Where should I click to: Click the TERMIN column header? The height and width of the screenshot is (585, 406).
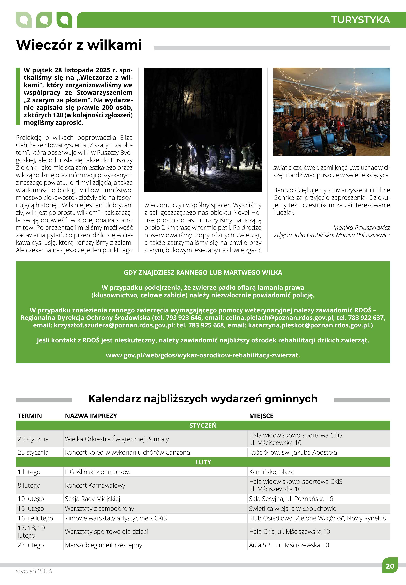pos(30,416)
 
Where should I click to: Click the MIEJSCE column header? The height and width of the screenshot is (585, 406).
pos(261,416)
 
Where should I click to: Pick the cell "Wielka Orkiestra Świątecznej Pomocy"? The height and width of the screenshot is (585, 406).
pos(117,439)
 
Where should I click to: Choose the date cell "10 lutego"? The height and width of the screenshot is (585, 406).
pos(31,499)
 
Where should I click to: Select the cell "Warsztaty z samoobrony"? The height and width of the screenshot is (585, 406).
pos(99,509)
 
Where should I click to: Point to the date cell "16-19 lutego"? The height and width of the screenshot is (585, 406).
pos(35,518)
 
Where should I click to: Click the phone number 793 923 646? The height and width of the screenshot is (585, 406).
pos(180,318)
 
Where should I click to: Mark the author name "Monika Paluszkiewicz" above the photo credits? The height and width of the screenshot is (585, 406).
pos(361,228)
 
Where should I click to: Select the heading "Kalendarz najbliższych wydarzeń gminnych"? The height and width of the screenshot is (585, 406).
pos(203,399)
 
